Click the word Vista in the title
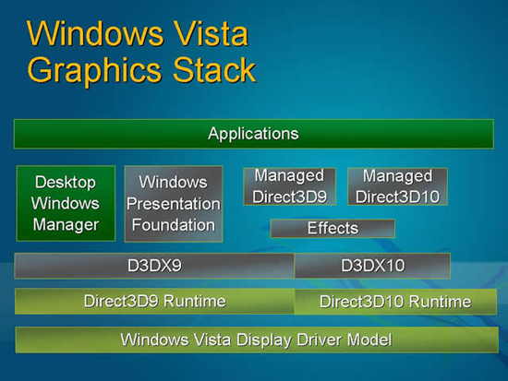point(211,33)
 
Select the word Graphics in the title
point(94,70)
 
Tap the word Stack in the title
point(214,69)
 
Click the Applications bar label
point(253,134)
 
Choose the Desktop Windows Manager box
point(66,203)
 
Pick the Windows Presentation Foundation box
point(174,204)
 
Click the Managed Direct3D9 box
point(290,186)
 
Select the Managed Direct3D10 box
point(397,186)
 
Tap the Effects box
point(333,228)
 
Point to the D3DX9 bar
point(154,266)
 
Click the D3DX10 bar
point(372,266)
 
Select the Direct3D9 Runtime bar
point(155,302)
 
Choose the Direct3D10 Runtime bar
point(395,302)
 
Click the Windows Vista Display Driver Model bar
point(257,339)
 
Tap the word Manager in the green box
point(66,225)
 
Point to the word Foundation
point(174,225)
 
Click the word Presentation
point(174,204)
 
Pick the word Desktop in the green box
point(66,183)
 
